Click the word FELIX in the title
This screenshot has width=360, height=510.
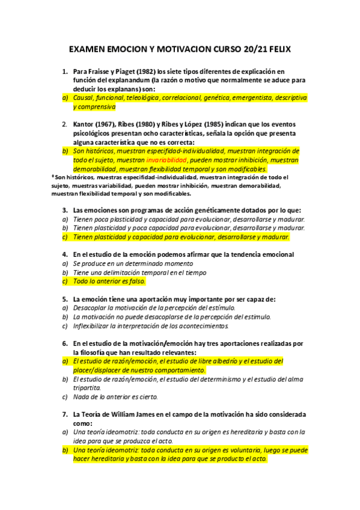(278, 48)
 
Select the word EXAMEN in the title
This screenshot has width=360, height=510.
(88, 48)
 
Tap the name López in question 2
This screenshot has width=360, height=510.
(208, 125)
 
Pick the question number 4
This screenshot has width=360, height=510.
(65, 254)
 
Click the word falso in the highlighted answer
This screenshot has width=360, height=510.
(135, 281)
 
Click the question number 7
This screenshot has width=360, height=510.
(65, 414)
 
